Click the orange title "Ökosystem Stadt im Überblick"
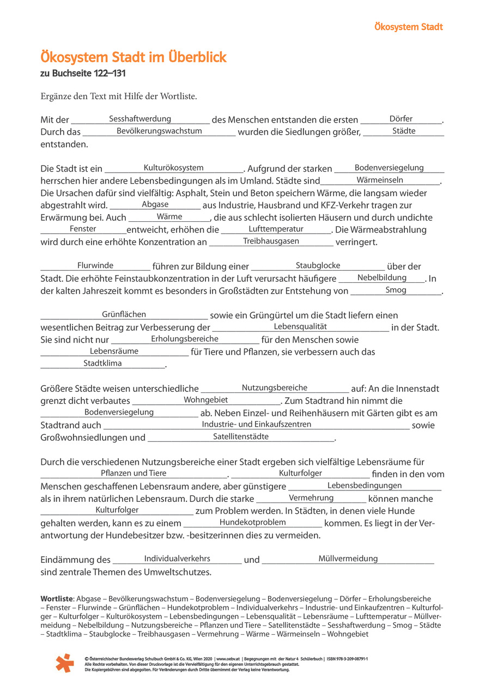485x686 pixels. click(134, 58)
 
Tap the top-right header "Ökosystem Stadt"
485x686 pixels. click(409, 27)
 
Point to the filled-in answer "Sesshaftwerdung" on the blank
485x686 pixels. click(140, 119)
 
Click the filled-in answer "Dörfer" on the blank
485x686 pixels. click(401, 119)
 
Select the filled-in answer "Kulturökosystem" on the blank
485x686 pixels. click(173, 168)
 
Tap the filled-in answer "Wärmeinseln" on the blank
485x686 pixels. click(380, 180)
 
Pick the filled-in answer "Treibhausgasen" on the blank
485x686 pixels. click(271, 241)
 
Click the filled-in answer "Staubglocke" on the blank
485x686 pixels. click(318, 265)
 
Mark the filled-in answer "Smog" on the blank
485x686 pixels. click(396, 290)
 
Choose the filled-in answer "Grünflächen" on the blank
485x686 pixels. click(124, 314)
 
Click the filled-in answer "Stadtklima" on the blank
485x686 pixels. click(102, 363)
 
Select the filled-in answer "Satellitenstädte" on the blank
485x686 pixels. click(241, 436)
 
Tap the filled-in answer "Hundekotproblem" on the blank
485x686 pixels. click(252, 522)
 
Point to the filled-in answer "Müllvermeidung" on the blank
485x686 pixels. click(348, 558)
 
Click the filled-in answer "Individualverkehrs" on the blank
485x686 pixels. click(177, 558)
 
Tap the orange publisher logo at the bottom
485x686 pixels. click(64, 663)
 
